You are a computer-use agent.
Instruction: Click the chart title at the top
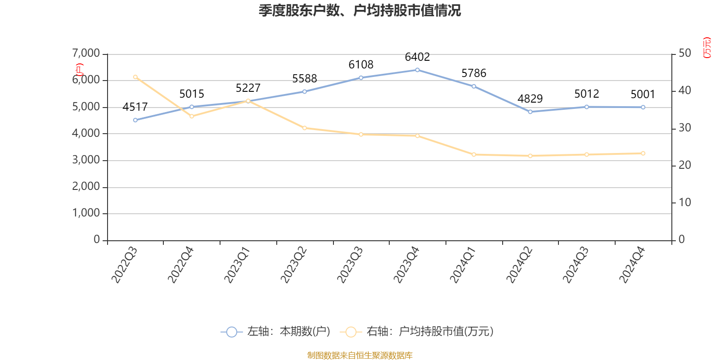pos(360,10)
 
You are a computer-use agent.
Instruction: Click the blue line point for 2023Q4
pos(417,70)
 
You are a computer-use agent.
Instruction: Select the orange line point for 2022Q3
pos(135,77)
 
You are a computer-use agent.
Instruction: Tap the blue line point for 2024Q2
pos(530,112)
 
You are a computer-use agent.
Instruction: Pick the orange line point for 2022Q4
pos(192,117)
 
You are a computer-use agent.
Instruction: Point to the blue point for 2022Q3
pos(135,120)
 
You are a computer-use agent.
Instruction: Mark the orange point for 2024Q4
pos(643,153)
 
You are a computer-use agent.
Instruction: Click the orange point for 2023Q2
pos(305,128)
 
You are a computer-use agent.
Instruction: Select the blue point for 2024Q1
pos(474,86)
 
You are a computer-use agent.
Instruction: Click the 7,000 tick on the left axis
pos(86,54)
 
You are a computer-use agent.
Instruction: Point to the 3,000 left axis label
pos(86,160)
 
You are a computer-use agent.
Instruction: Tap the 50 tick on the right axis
pos(685,54)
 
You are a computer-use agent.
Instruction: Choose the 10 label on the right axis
pos(685,202)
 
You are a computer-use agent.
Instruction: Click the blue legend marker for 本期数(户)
pos(231,332)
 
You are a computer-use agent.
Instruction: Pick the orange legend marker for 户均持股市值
pos(351,332)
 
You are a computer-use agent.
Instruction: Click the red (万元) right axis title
pos(707,48)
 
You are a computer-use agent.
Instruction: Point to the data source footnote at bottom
pos(360,355)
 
